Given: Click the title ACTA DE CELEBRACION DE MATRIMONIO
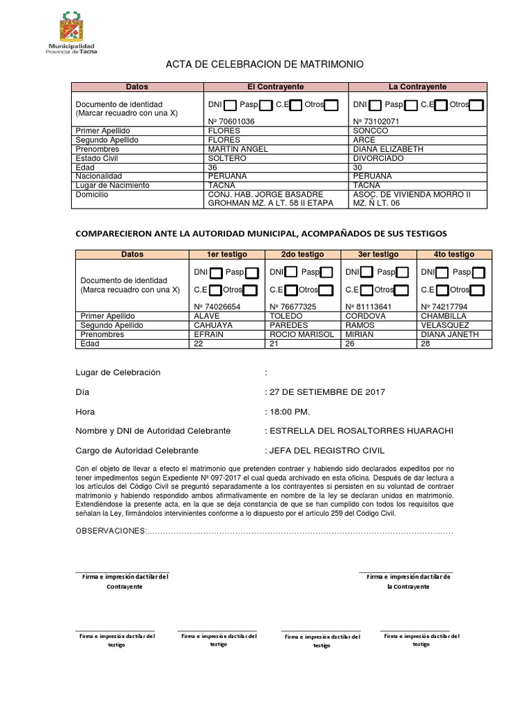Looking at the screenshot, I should [x=264, y=65].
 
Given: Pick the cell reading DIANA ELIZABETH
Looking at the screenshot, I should [x=388, y=149].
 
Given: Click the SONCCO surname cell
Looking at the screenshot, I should [x=371, y=130].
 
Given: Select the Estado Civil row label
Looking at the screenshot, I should [x=97, y=158].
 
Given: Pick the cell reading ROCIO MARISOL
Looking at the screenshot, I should [x=302, y=334].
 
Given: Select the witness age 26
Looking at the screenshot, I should [x=351, y=343].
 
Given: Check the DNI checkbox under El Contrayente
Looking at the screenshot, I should [x=230, y=106].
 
